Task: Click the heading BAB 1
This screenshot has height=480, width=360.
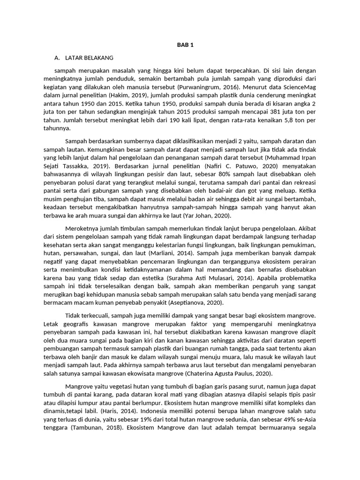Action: [x=185, y=45]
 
